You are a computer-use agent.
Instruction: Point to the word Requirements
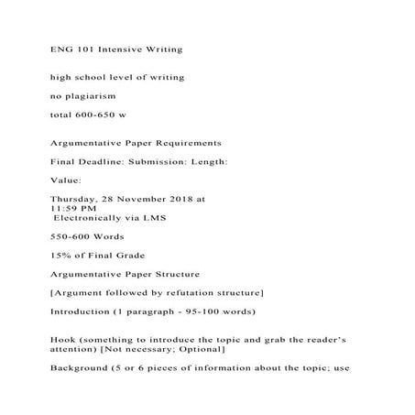coord(180,143)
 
